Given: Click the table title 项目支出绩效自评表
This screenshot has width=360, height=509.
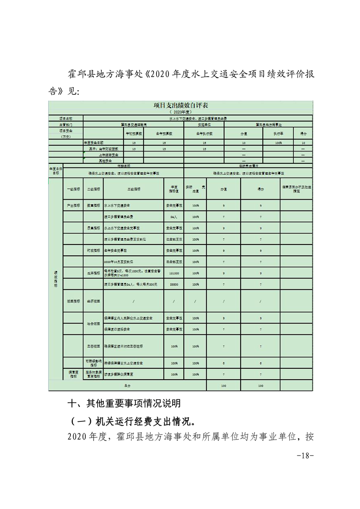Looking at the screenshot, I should (x=181, y=105).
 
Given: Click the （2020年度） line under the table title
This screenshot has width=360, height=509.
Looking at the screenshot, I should (x=181, y=111).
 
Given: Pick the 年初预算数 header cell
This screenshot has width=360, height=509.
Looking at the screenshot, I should (x=133, y=134).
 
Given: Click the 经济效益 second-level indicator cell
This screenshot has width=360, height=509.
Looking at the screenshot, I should (x=93, y=301).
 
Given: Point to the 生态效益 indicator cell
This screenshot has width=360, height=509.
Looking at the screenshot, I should (x=93, y=346).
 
